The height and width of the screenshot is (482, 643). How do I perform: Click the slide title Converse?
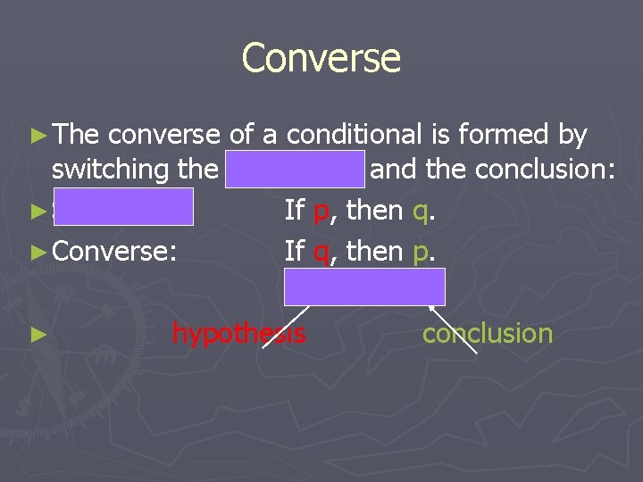click(x=321, y=59)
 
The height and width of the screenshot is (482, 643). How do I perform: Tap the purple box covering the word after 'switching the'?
click(x=295, y=169)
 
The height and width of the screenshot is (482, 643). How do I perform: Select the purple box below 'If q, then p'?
click(x=364, y=287)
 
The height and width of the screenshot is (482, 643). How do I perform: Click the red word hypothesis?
click(x=238, y=334)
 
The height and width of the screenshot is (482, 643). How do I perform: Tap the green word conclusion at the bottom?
click(x=487, y=334)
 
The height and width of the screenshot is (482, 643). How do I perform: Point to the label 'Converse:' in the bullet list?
click(x=114, y=251)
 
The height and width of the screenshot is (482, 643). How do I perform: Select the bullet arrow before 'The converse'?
click(x=37, y=136)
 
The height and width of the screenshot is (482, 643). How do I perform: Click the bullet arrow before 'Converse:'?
click(x=37, y=251)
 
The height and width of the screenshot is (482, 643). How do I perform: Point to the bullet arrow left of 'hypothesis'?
click(x=37, y=336)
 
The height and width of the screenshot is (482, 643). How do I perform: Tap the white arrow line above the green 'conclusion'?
click(x=454, y=329)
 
